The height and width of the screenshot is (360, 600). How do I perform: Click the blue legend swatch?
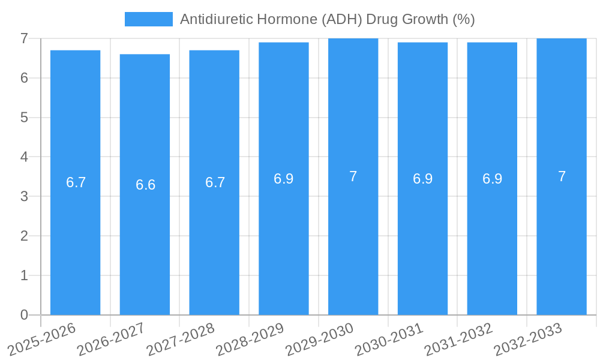click(148, 19)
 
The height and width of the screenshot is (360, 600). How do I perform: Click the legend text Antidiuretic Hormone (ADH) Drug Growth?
click(327, 19)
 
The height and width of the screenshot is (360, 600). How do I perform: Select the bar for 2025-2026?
click(75, 240)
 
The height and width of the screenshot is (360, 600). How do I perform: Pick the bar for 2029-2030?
click(353, 240)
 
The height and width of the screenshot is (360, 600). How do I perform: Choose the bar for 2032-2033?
click(562, 240)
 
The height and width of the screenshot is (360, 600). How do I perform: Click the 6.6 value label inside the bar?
click(145, 185)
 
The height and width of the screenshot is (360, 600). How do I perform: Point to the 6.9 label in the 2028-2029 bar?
click(284, 179)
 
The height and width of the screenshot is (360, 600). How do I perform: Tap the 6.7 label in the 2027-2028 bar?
click(215, 182)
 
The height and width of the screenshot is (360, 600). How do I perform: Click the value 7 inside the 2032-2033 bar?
click(562, 176)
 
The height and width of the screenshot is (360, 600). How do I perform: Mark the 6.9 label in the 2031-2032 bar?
click(492, 179)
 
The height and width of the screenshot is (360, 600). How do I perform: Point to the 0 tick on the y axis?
click(24, 315)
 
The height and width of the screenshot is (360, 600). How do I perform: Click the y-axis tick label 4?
click(24, 157)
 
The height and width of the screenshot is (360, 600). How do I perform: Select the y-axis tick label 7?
click(24, 38)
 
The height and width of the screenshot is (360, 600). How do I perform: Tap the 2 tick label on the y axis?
click(24, 236)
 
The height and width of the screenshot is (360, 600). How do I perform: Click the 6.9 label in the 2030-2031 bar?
click(422, 179)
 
